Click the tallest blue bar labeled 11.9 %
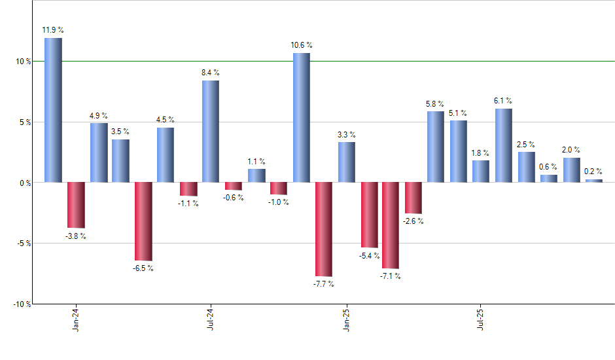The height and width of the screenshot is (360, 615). (53, 110)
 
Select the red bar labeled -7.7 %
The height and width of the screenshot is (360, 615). (324, 229)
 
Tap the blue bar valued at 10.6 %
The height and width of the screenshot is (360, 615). (301, 117)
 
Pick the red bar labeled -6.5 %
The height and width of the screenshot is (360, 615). (143, 221)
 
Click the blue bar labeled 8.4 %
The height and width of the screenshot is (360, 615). (211, 131)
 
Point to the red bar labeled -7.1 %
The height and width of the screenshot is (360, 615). (391, 225)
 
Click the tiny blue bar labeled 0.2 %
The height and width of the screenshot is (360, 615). (593, 181)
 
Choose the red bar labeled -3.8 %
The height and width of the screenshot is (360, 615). (76, 205)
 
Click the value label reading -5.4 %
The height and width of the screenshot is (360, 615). (369, 255)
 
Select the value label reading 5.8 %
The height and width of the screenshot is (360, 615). (435, 103)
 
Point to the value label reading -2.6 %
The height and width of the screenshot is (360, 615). (413, 221)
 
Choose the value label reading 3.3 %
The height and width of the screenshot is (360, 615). (347, 134)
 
